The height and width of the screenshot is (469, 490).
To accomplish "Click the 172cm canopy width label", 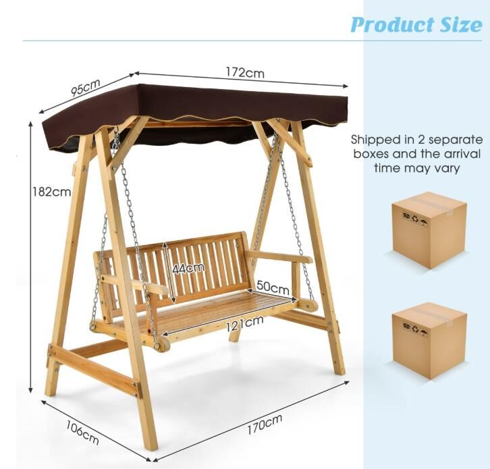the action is click(x=245, y=73).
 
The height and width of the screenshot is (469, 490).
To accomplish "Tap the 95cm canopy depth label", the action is click(x=86, y=88).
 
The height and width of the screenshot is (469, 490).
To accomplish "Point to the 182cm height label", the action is click(x=52, y=192).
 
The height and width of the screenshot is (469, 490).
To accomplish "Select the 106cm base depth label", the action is click(x=82, y=433).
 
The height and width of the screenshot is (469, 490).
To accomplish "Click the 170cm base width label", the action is click(x=265, y=424).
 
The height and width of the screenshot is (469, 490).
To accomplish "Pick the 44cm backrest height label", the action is click(x=188, y=268).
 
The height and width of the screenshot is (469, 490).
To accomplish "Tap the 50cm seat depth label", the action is click(x=273, y=287).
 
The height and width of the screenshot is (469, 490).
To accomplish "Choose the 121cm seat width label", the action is click(x=244, y=324).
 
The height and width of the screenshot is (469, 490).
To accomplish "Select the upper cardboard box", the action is click(x=430, y=230).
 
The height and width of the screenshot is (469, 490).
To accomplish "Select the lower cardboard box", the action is click(x=430, y=341).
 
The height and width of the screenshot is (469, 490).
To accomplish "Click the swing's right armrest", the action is click(x=279, y=256).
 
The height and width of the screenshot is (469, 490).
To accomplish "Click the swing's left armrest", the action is click(x=134, y=284).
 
